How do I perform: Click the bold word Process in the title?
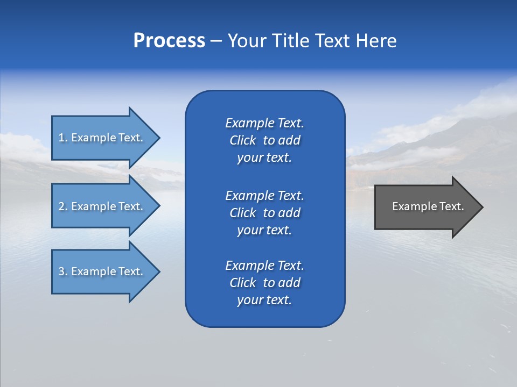click(x=169, y=41)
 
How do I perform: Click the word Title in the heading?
click(x=289, y=41)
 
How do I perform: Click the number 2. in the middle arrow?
click(x=63, y=206)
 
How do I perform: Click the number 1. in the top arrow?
click(x=63, y=138)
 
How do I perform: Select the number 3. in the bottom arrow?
click(x=63, y=271)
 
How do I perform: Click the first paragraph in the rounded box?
click(x=264, y=140)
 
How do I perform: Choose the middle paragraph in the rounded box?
click(x=264, y=213)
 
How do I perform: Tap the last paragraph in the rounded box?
click(x=264, y=283)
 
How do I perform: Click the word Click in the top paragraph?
click(x=242, y=140)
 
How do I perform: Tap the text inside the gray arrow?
click(x=428, y=206)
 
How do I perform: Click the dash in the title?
click(x=216, y=41)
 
